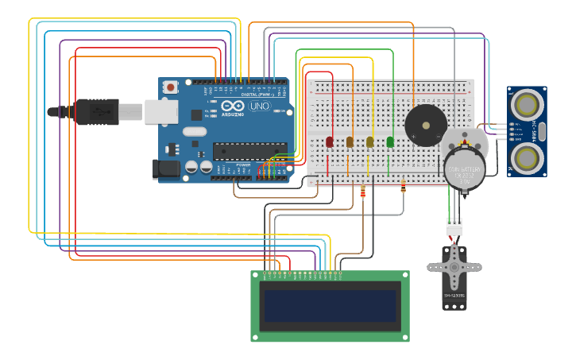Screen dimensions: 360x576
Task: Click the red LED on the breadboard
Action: (x=330, y=141)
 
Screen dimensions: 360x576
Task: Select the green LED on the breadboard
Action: (x=390, y=141)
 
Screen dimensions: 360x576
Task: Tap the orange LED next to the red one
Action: (x=350, y=141)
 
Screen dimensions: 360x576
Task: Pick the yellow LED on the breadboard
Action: (x=370, y=141)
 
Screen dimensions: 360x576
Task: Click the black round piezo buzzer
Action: (x=426, y=126)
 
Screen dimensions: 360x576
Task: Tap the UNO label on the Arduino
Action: (x=260, y=106)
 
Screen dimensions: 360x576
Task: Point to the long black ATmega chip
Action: (x=249, y=150)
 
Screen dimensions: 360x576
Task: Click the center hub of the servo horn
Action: (x=454, y=266)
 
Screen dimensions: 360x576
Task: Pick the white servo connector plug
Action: (x=454, y=226)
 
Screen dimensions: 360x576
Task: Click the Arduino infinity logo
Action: (x=233, y=106)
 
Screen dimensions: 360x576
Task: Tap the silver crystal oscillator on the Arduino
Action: (x=195, y=131)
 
